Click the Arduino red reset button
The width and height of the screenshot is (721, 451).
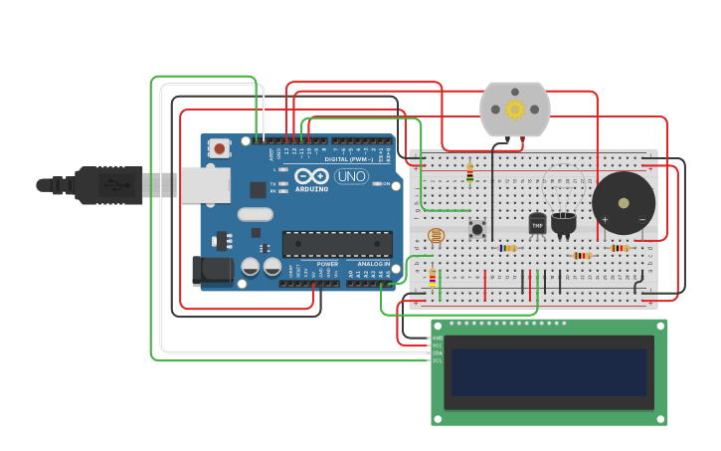pos(220,148)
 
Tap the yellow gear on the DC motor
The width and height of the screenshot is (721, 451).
pos(514,109)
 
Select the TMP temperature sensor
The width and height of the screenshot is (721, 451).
pos(537,224)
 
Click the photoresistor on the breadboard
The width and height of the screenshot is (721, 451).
pos(436,236)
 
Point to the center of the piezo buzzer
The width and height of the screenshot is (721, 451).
pos(624,203)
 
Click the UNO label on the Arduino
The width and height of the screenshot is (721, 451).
pos(351,176)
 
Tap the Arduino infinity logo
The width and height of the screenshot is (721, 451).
pos(311,176)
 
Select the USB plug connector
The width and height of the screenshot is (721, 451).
pos(109,185)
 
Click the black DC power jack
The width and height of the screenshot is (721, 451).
pos(212,271)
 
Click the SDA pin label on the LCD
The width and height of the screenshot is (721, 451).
pos(437,352)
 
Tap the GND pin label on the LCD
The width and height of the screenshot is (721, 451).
pos(437,338)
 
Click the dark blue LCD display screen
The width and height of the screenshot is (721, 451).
pos(548,372)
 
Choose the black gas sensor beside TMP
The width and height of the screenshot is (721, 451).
pos(564,223)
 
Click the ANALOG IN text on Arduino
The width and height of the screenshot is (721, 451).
pos(373,264)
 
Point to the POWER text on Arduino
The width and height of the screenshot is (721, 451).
pos(327,264)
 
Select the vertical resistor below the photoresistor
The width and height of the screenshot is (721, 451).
pos(432,279)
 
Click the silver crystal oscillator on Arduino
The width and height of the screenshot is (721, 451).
pos(256,214)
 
